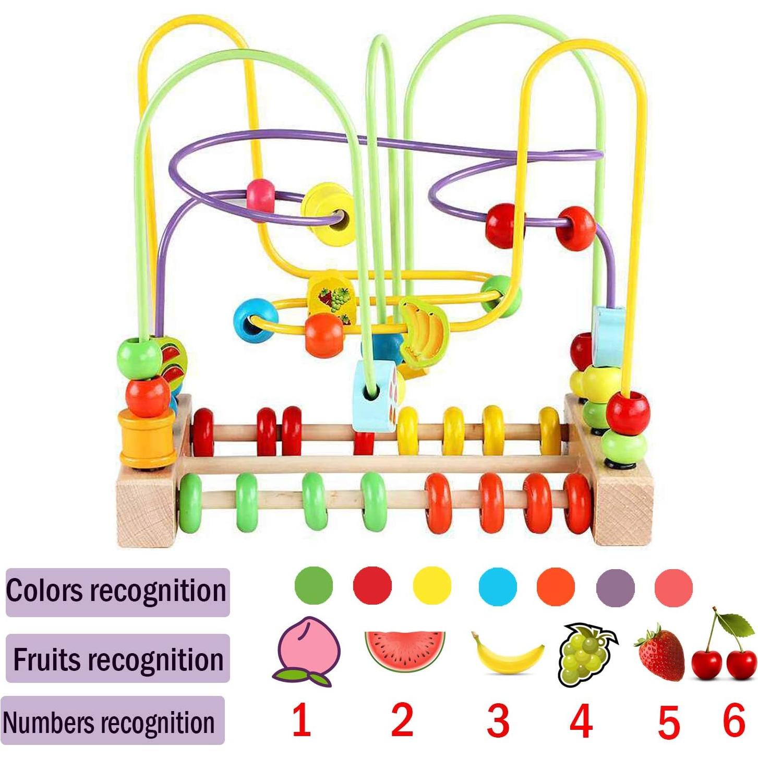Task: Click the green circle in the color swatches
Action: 314,586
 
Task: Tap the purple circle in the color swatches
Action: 615,587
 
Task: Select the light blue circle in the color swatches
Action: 498,586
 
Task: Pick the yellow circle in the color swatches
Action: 432,586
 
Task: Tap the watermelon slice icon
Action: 405,651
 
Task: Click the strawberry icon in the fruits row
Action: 660,654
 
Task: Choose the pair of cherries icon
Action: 725,649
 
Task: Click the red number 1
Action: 301,720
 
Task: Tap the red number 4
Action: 581,721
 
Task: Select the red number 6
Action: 733,720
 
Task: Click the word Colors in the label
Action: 44,591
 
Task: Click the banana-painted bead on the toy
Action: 424,331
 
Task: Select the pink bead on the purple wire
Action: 260,195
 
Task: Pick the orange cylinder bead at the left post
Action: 147,437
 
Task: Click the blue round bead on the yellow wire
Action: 255,320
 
